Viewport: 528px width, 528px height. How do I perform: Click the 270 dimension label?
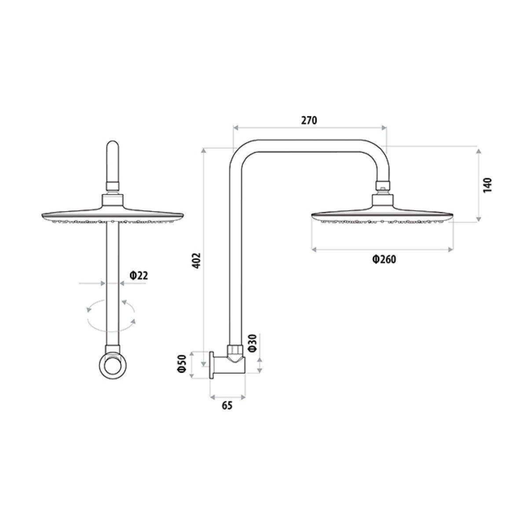pos(309,121)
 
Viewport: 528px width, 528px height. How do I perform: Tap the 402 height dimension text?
pos(197,260)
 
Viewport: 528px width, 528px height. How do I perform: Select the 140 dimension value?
pos(488,185)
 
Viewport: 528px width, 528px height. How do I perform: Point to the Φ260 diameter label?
pos(384,259)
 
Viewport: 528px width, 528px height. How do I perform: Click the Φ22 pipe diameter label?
pos(139,275)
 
